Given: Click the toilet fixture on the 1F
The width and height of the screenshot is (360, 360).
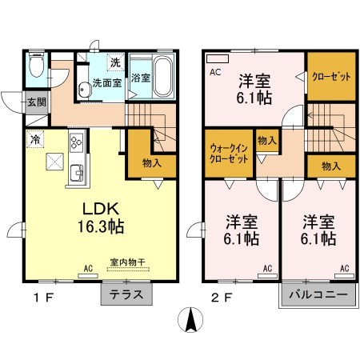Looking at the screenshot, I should (36, 66).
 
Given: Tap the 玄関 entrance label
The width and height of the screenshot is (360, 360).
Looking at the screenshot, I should (36, 102).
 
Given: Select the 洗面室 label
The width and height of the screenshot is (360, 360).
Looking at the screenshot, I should (105, 82).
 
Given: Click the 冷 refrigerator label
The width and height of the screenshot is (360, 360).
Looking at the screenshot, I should (36, 138).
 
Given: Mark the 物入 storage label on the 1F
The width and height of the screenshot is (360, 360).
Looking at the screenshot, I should (151, 163).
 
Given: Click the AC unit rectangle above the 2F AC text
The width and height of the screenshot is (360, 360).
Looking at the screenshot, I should (217, 58).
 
